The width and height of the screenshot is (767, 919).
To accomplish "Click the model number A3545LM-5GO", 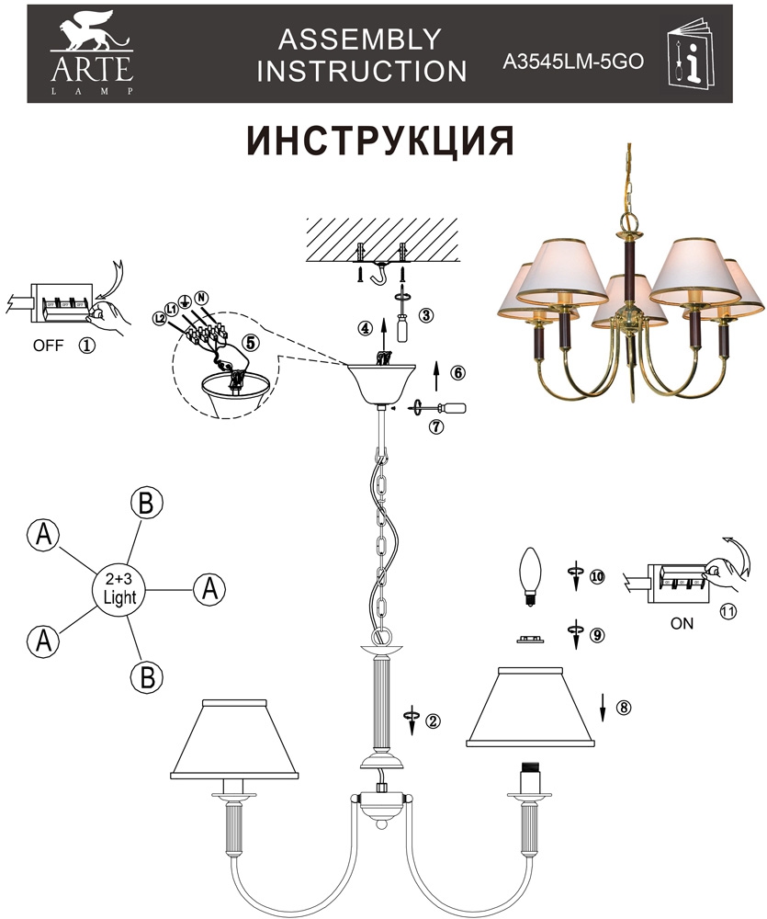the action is [x=573, y=62].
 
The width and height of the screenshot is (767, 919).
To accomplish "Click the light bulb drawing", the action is [x=530, y=576].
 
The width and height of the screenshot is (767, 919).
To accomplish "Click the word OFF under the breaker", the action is [x=48, y=346].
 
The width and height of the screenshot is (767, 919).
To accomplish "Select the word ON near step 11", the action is [x=682, y=624].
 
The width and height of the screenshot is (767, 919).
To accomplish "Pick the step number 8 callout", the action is [x=624, y=708].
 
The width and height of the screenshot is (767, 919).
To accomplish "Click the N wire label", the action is [x=201, y=297].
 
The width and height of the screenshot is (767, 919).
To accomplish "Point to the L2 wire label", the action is [x=160, y=318].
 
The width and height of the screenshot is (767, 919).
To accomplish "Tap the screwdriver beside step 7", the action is [x=439, y=407].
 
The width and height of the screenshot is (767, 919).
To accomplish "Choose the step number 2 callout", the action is [x=433, y=721].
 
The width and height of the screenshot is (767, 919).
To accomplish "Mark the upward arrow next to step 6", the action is [x=435, y=376].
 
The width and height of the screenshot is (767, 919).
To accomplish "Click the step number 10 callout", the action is [x=597, y=577].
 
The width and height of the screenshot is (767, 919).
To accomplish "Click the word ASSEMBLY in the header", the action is [x=360, y=40].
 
